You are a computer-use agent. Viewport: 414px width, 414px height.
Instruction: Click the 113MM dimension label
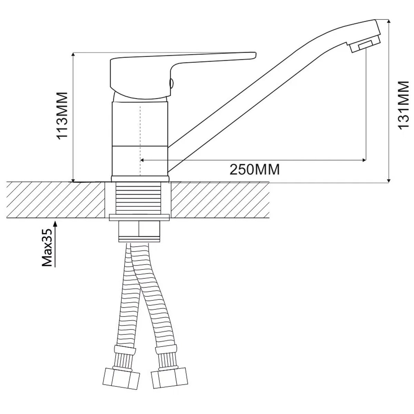pos(62,116)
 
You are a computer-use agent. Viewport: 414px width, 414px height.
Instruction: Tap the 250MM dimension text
pos(255,169)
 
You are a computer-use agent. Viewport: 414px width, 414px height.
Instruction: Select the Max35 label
pos(47,247)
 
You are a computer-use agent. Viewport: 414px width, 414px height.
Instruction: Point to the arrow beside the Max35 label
pos(55,244)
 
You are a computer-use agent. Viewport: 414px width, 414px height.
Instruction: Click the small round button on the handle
pos(171,83)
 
